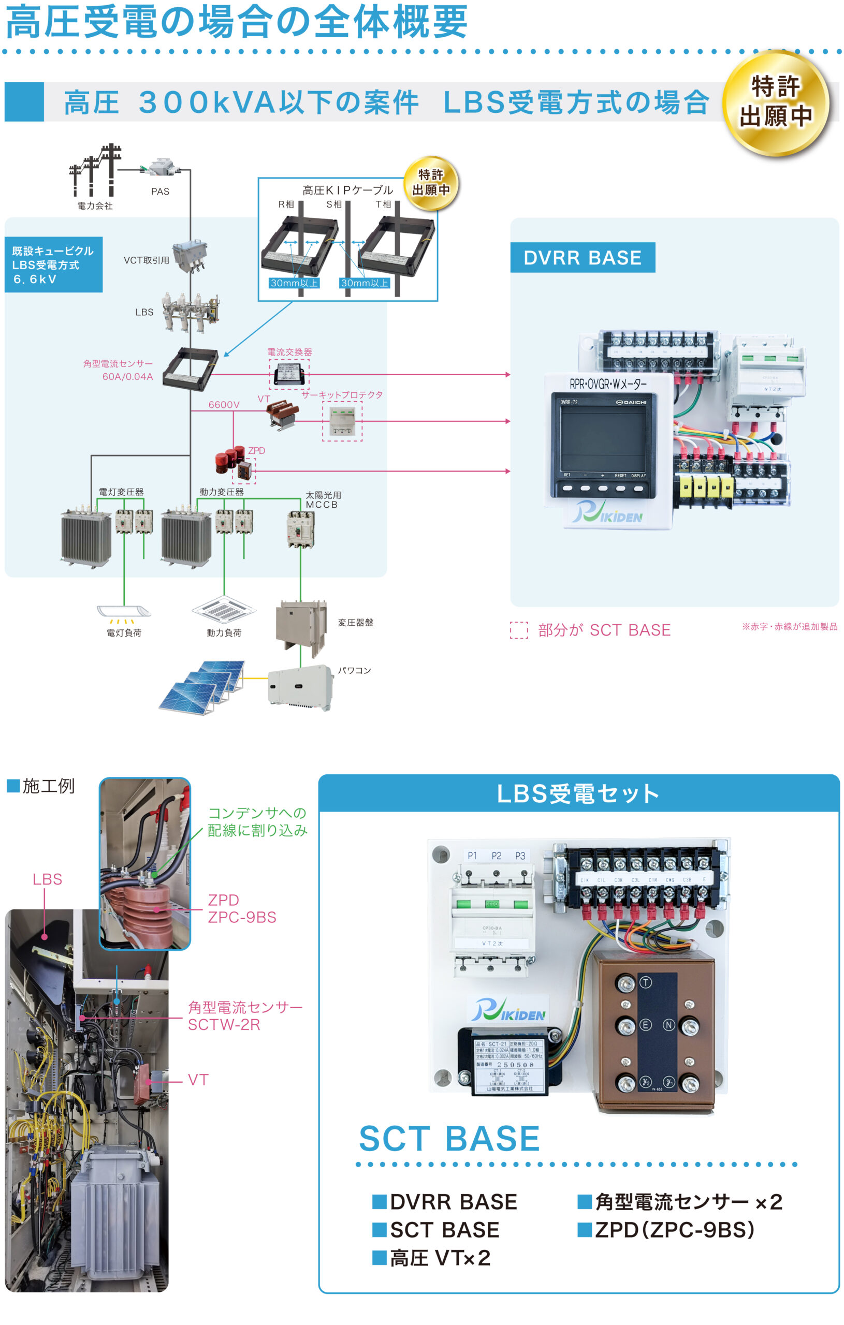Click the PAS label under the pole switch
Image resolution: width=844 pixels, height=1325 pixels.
(x=160, y=192)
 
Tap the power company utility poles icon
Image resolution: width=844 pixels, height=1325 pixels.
(x=95, y=170)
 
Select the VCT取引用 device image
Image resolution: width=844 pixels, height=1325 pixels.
(x=190, y=256)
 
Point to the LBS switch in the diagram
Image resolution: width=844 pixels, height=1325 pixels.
(x=190, y=313)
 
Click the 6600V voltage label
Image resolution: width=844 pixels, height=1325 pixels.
(x=224, y=404)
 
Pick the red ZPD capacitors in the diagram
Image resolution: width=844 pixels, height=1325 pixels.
(x=229, y=460)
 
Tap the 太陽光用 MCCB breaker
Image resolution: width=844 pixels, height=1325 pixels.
(x=301, y=529)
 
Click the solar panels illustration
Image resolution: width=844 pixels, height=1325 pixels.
(x=202, y=687)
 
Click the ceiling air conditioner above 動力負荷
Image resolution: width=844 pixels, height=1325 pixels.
(x=224, y=610)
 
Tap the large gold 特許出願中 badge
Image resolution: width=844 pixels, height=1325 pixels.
(x=776, y=103)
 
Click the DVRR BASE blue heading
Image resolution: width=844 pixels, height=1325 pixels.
(x=583, y=258)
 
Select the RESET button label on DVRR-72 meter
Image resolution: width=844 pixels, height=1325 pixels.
(x=620, y=476)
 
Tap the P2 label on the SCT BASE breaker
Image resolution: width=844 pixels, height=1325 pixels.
(x=496, y=856)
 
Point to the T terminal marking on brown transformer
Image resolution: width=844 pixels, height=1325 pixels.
(x=645, y=983)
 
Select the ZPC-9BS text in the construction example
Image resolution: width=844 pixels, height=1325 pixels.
(x=242, y=917)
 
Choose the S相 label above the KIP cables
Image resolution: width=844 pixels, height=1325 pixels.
(x=333, y=204)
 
